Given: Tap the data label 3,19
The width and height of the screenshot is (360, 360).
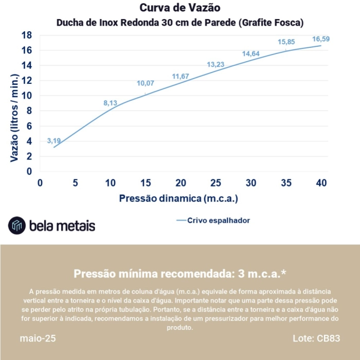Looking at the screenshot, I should tap(53, 140).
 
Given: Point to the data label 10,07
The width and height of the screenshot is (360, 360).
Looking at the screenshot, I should tap(145, 83).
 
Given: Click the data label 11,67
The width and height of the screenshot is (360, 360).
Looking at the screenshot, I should tap(181, 77).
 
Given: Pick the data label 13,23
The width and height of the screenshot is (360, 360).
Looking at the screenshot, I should tap(215, 64).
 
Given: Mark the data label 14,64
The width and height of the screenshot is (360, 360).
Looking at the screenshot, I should tap(251, 53).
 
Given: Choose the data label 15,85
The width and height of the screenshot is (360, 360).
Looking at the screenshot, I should tap(286, 42).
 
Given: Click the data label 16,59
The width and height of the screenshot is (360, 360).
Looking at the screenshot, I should tap(321, 39).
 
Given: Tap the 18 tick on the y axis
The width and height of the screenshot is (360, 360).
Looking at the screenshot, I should tap(27, 35).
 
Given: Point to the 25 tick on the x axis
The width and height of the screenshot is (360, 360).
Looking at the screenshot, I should tap(215, 183).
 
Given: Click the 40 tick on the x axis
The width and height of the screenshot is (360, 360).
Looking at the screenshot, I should tap(321, 183).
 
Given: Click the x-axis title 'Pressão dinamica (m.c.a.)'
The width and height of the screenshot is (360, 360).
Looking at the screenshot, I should tap(179, 198).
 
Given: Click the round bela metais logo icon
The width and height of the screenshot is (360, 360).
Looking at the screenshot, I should tap(16, 225).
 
